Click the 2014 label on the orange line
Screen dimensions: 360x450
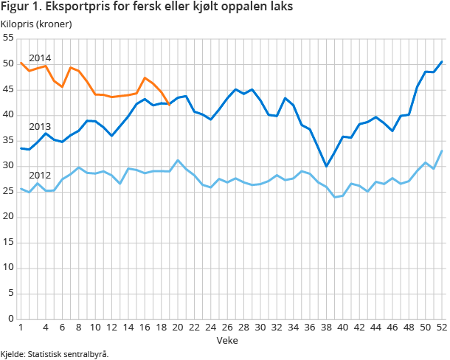coord(40,58)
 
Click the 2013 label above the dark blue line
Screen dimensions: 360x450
coord(40,126)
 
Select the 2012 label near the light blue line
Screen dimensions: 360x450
coord(40,175)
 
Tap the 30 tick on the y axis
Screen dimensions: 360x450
coord(8,166)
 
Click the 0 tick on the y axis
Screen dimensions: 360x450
coord(11,319)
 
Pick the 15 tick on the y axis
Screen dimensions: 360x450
coord(8,243)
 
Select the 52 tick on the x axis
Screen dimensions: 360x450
coord(441,328)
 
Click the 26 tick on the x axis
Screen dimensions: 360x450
coord(227,328)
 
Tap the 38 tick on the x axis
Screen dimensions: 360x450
coord(326,328)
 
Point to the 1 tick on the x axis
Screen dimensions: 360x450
coord(21,328)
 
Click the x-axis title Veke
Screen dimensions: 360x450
coord(226,340)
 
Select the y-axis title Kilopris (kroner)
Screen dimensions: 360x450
coord(41,24)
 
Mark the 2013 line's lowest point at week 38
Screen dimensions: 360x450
coord(326,166)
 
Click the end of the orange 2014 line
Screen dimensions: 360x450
coord(170,105)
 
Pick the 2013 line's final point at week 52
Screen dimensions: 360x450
coord(441,61)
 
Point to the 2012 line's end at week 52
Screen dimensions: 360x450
coord(441,150)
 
